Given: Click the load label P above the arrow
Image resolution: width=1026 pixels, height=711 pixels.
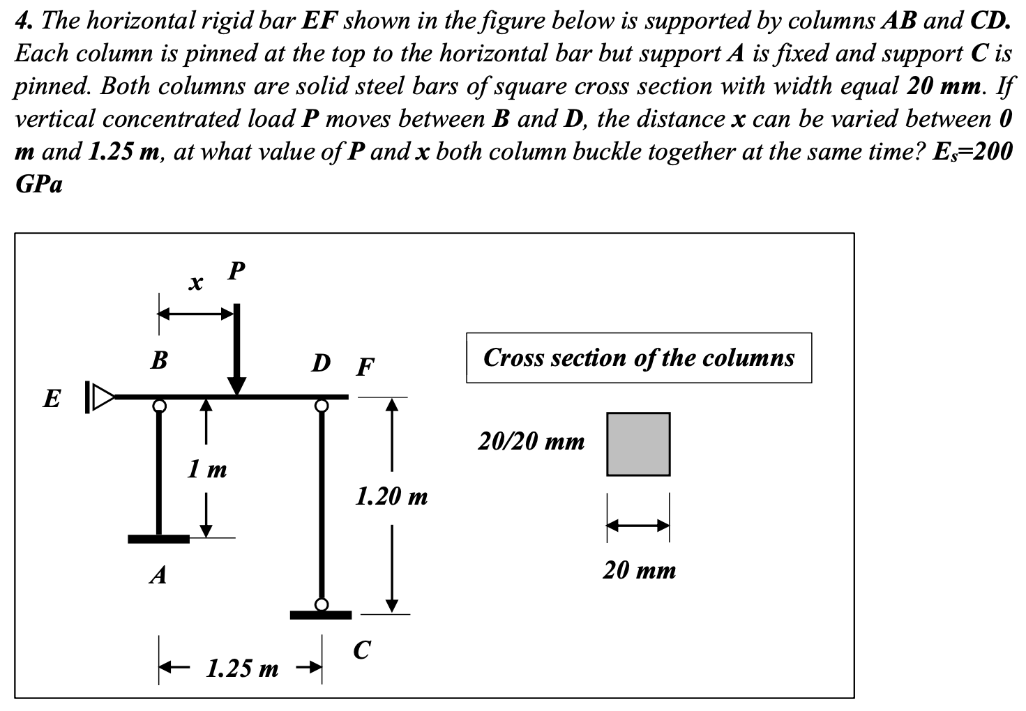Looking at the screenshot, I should click(237, 270).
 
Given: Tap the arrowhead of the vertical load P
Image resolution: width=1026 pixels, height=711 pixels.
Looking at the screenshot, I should click(237, 385).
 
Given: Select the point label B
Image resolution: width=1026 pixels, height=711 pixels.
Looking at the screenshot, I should click(159, 360).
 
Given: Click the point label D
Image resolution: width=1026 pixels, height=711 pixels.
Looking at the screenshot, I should click(321, 363).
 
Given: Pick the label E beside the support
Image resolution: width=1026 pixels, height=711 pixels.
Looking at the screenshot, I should click(51, 399).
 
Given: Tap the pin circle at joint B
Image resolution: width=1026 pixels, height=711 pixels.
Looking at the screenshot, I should click(160, 405).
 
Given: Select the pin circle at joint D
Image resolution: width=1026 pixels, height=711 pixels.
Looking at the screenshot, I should click(322, 405).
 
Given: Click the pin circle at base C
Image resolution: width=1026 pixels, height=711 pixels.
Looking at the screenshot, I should click(322, 604).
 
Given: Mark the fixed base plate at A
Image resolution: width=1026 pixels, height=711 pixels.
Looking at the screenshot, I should click(159, 539).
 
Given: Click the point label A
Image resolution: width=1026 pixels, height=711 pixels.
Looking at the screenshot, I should click(159, 576).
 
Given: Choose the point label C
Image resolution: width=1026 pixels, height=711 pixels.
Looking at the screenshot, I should click(361, 650).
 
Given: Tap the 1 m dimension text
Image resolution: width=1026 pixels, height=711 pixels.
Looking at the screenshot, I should click(207, 469).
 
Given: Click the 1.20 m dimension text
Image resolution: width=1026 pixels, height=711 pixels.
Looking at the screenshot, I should click(391, 497).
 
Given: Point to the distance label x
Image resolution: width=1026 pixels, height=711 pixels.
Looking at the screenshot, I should click(197, 284).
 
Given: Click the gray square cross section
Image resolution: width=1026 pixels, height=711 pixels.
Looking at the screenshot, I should click(638, 444).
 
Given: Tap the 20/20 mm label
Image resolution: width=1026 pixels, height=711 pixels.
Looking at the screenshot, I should click(531, 442).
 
